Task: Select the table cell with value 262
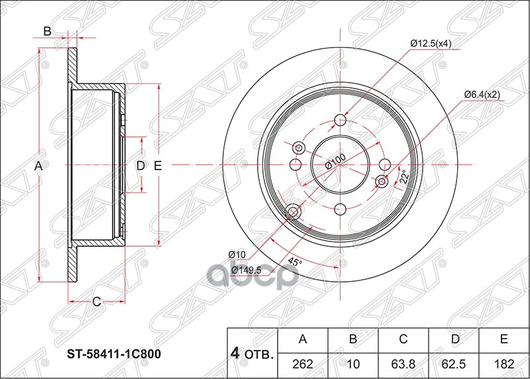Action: (303, 362)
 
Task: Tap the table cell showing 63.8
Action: (403, 362)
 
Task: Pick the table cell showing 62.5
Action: (454, 362)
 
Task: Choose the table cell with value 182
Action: (504, 362)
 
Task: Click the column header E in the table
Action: (504, 340)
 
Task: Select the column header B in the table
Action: (353, 340)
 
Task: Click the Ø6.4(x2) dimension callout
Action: (481, 95)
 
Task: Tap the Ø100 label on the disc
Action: (336, 161)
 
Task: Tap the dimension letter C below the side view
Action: (96, 302)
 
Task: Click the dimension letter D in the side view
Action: (140, 165)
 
